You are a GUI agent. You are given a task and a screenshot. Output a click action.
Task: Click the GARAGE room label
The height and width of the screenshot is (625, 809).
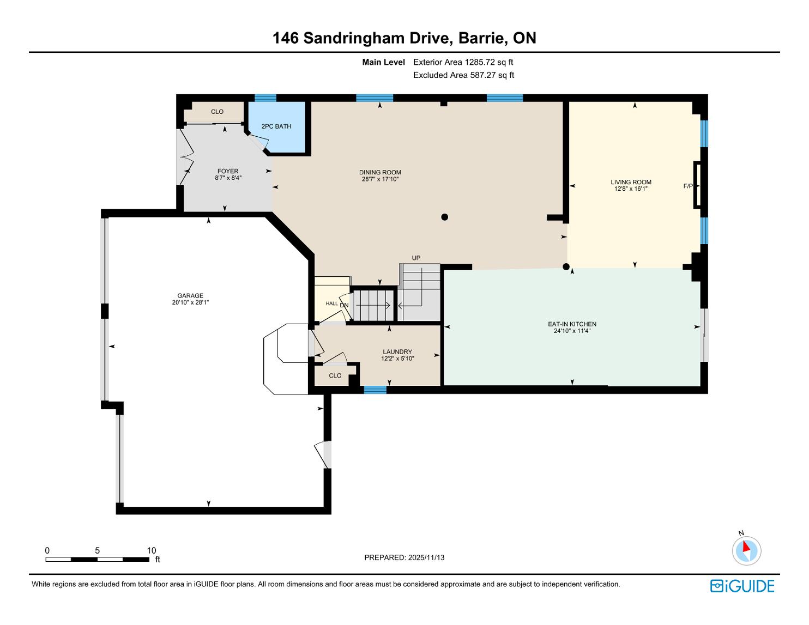click(190, 296)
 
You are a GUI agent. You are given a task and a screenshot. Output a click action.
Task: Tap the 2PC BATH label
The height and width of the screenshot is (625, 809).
click(276, 126)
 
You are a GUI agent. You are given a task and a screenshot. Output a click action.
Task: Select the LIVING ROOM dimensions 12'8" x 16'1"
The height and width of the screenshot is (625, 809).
click(631, 189)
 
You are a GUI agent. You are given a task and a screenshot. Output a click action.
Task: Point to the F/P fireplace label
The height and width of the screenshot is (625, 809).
click(688, 186)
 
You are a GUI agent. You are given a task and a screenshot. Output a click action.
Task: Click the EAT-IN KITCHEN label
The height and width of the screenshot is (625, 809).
click(572, 324)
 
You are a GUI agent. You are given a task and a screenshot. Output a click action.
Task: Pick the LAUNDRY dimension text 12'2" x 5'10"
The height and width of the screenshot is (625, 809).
click(397, 359)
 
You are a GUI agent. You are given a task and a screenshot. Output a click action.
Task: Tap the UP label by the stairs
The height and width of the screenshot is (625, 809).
click(416, 258)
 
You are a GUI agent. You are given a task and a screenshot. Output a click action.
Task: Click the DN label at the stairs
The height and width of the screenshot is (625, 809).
click(344, 306)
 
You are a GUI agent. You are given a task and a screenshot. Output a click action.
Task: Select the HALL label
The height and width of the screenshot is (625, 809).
click(331, 304)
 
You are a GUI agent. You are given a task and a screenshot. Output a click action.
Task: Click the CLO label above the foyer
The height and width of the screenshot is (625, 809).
click(217, 112)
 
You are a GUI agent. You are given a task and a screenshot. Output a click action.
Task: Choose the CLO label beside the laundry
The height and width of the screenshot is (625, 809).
click(335, 376)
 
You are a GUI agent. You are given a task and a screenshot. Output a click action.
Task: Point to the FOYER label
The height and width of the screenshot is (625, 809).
click(228, 171)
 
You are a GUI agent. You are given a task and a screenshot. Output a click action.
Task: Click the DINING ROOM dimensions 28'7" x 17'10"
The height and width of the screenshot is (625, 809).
click(380, 179)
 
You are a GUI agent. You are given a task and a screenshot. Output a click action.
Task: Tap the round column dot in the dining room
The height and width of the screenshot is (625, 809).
click(444, 217)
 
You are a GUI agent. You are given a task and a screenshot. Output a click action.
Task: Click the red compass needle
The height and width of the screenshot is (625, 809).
click(746, 547)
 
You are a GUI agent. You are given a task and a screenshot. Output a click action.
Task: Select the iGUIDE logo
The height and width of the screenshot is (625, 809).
click(742, 586)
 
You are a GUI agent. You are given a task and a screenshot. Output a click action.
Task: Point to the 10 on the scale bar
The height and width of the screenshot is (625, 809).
click(151, 550)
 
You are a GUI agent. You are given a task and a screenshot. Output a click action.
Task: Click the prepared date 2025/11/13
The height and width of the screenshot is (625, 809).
click(426, 557)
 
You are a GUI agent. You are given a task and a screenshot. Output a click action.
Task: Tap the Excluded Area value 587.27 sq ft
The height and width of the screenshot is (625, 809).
click(492, 75)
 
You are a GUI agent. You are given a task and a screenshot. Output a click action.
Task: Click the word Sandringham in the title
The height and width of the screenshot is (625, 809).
click(378, 38)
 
